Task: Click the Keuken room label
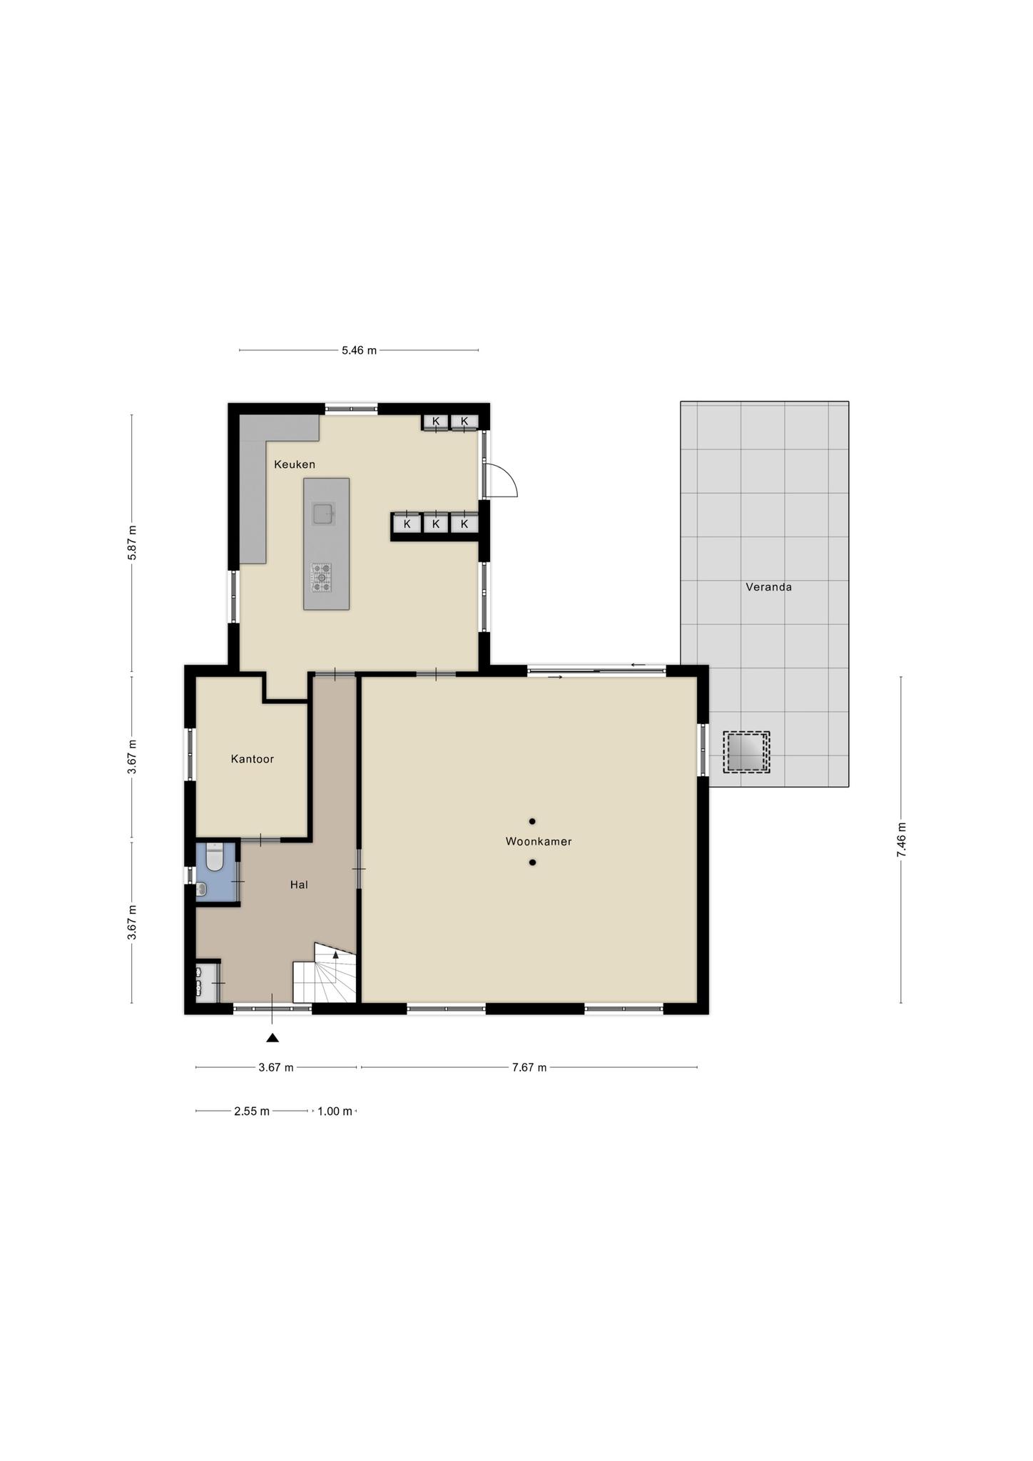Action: (x=295, y=464)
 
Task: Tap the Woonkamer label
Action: (x=539, y=842)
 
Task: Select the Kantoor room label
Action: (x=253, y=759)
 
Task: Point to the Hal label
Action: (x=299, y=885)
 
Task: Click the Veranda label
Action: (x=768, y=587)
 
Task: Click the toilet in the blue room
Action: (x=214, y=857)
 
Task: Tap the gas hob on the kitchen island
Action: (x=322, y=577)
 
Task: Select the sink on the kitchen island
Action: (x=323, y=513)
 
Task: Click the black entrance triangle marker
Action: (x=273, y=1037)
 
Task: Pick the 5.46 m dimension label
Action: (x=359, y=350)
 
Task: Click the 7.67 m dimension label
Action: (x=529, y=1067)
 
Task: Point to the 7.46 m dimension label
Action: (x=901, y=840)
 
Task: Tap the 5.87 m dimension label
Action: (x=132, y=543)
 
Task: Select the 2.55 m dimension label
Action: (x=252, y=1111)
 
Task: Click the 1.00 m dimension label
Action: (x=335, y=1111)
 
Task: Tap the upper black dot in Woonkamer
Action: (x=532, y=821)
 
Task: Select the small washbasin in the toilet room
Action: (x=201, y=889)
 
